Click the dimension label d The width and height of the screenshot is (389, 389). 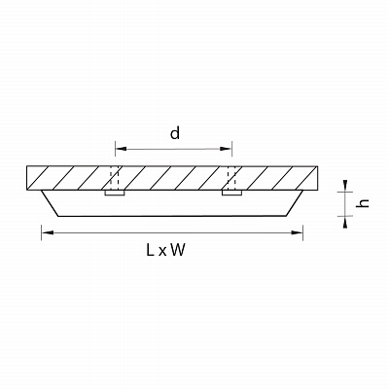[175, 133]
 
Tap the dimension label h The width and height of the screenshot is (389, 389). [363, 203]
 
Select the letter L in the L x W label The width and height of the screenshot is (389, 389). [150, 250]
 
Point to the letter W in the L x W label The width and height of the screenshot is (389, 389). [178, 250]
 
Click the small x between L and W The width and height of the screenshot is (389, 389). [161, 252]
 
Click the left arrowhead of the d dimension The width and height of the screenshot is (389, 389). [121, 149]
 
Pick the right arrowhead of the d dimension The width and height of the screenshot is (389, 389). [226, 149]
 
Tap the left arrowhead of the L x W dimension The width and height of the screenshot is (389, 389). [48, 232]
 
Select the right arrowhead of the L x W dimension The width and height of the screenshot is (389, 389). [297, 232]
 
